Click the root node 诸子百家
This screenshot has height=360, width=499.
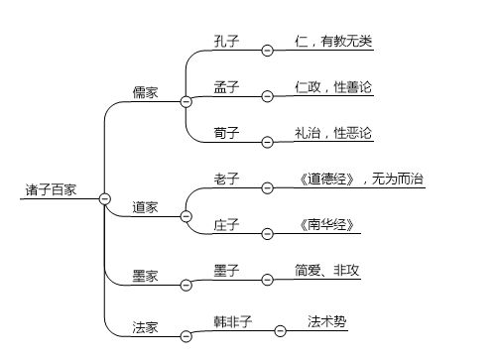coord(53,188)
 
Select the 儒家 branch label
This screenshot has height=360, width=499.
coord(146,92)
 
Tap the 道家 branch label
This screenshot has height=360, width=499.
coord(146,207)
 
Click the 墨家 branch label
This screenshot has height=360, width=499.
coord(146,276)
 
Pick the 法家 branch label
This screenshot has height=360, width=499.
coord(146,323)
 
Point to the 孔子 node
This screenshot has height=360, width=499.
coord(226,41)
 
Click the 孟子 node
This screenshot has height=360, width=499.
coord(226,86)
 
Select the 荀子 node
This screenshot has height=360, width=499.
coord(226,132)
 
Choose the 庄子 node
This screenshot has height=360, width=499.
coord(226,224)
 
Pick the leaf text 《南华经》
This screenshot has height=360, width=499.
coord(317,224)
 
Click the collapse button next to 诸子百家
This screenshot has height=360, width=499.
coord(104,198)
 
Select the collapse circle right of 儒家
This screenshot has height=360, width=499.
coord(186,102)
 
